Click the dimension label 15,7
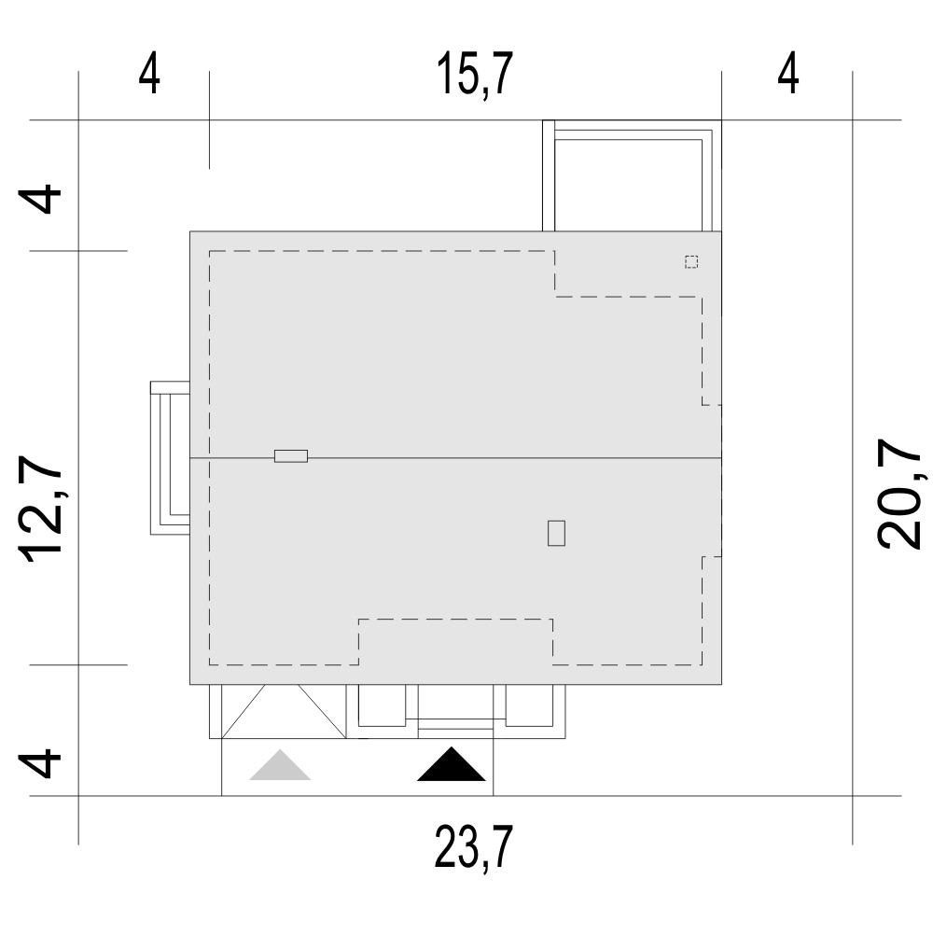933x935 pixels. pos(475,74)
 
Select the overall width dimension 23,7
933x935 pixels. pos(473,847)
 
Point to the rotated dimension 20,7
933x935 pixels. pos(899,493)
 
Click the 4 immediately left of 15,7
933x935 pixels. pos(149,74)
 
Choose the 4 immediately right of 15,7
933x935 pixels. pos(788,74)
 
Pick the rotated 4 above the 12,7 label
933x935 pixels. pos(40,199)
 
